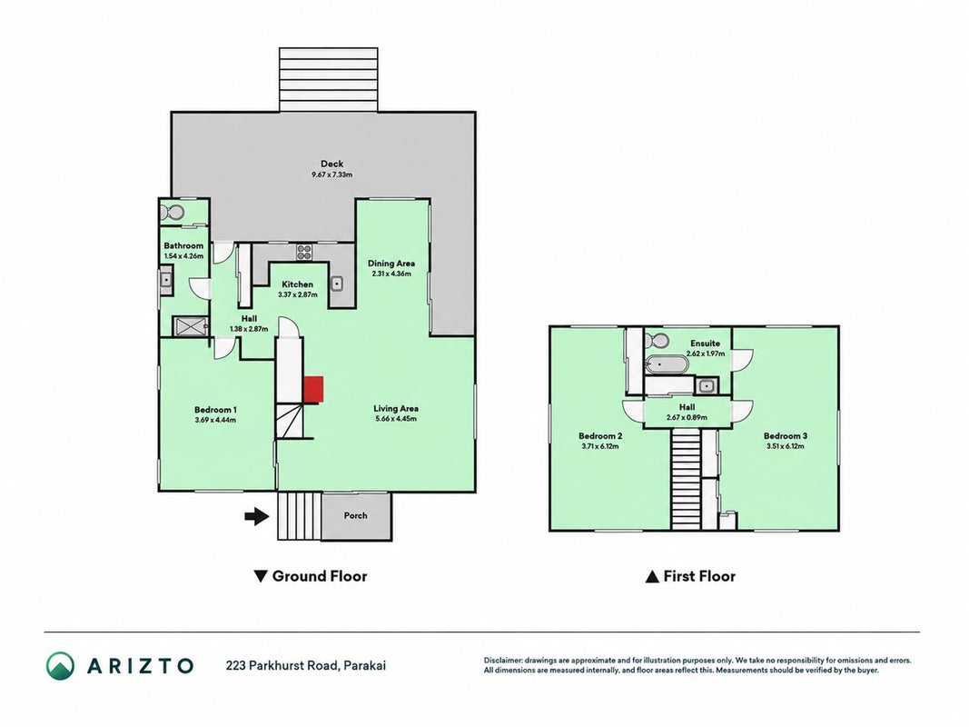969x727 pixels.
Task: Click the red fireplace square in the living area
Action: point(313,390)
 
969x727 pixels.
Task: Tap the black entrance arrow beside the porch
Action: point(257,516)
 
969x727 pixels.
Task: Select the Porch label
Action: point(355,515)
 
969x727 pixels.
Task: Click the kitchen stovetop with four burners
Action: point(304,252)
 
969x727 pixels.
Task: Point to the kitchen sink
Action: point(337,284)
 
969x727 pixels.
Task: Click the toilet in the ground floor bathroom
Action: point(172,213)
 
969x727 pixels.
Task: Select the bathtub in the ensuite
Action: point(667,364)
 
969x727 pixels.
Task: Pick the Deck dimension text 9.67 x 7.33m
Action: point(331,175)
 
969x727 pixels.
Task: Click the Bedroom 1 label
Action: point(215,409)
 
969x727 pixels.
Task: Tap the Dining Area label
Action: point(391,264)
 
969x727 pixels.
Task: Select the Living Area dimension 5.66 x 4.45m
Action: point(396,419)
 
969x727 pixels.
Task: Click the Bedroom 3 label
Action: point(786,436)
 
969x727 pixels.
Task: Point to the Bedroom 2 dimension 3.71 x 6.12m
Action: point(600,446)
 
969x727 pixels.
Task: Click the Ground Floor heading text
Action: point(320,576)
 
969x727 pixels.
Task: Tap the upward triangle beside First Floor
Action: point(652,577)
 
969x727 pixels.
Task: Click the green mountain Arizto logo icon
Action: point(61,666)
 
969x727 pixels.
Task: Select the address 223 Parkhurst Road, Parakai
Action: point(306,666)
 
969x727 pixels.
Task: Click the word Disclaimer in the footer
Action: point(503,661)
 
